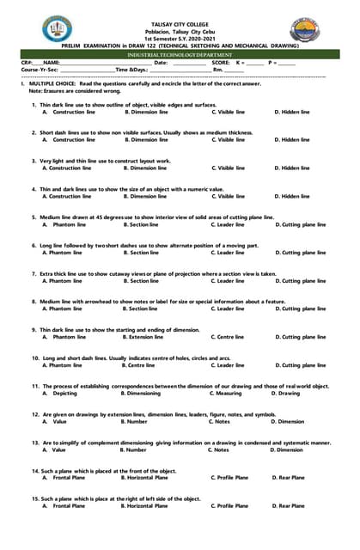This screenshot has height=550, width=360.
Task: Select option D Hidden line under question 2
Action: click(292, 140)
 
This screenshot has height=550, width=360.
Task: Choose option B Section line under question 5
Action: click(141, 225)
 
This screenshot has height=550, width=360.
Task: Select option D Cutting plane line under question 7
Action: click(301, 281)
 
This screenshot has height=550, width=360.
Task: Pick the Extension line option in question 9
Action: click(144, 337)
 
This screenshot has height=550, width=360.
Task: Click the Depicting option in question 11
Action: click(60, 394)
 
